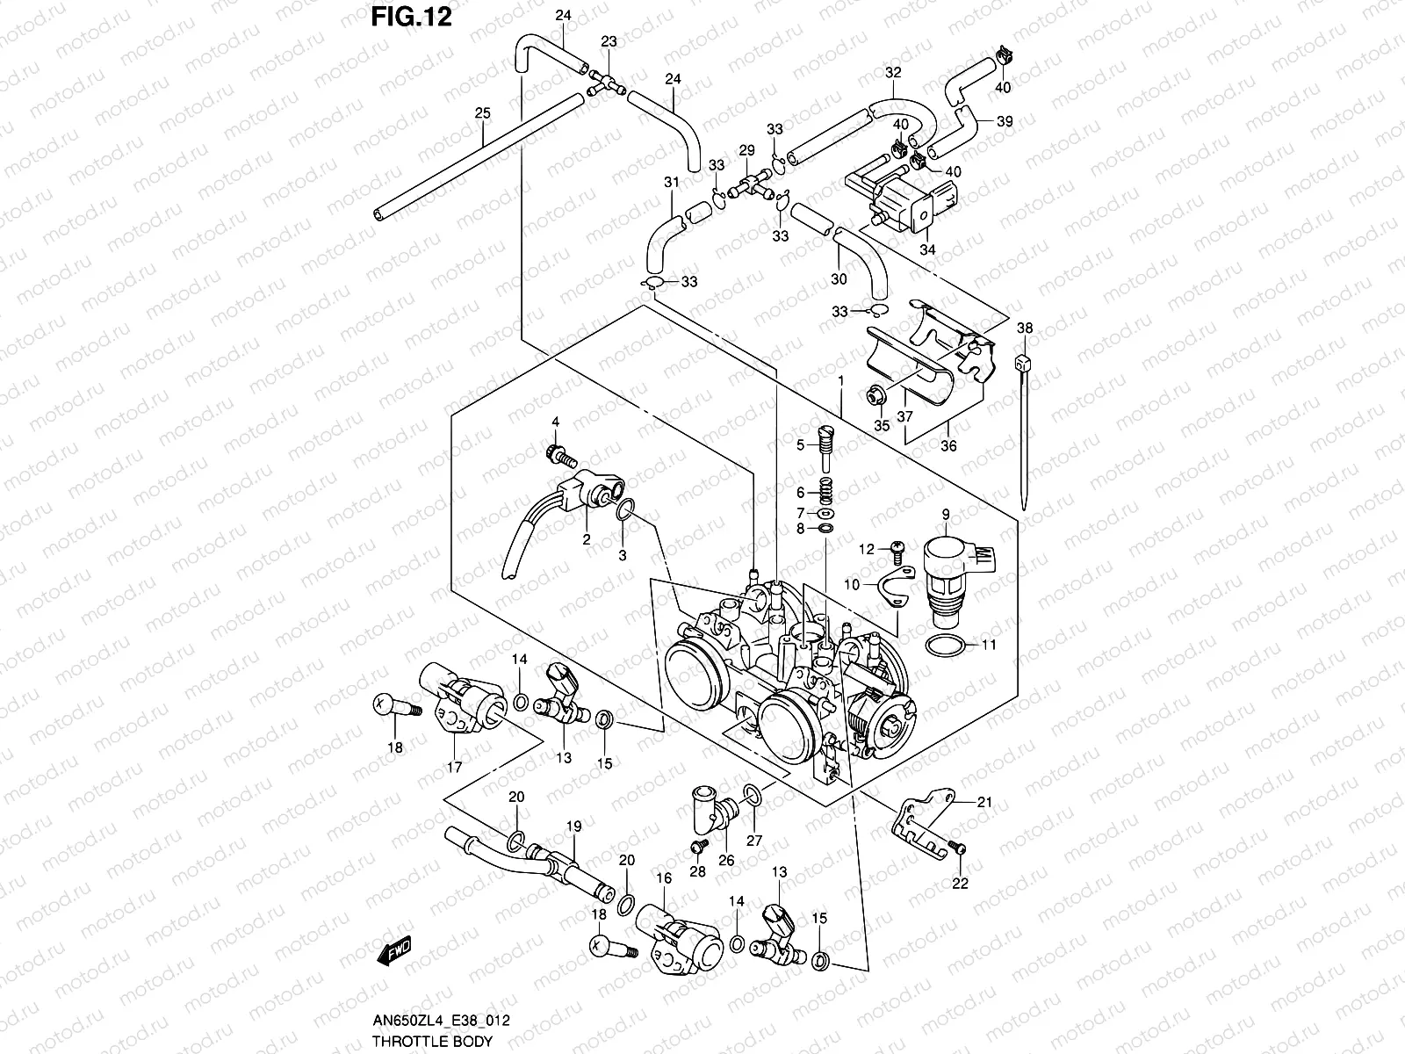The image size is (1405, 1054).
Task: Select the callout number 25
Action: (x=482, y=112)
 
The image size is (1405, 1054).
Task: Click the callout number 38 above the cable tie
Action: (x=1025, y=328)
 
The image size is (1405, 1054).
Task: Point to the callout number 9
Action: (x=946, y=514)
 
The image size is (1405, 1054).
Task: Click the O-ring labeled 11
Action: (x=947, y=646)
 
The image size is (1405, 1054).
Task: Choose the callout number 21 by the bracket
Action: (x=984, y=801)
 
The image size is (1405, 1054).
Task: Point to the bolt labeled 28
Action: (x=700, y=846)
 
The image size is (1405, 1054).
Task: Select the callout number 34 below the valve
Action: (x=928, y=250)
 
